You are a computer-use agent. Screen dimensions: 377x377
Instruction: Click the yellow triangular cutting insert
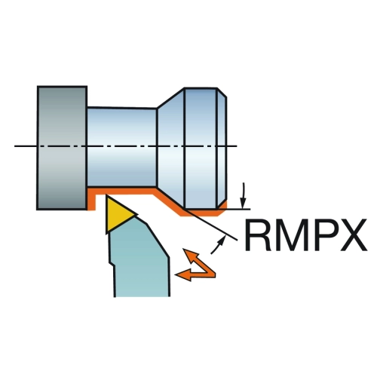coord(118,213)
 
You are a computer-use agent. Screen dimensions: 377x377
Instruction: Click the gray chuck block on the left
coord(62,148)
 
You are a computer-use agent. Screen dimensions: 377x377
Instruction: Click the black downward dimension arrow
coord(243,196)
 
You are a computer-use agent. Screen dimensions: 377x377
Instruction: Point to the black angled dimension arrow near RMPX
coord(218,245)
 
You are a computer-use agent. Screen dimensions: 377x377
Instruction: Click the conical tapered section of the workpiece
coord(171,149)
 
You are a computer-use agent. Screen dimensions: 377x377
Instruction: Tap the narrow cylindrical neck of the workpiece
coord(122,148)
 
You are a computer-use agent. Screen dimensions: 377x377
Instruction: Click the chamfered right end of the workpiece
coord(222,149)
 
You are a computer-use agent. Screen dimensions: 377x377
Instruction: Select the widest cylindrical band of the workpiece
coord(201,149)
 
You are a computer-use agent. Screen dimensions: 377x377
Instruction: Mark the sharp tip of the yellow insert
coord(137,214)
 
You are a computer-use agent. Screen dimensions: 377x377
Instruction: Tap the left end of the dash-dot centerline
coord(14,146)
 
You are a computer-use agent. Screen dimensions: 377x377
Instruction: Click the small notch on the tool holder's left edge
coord(112,264)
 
